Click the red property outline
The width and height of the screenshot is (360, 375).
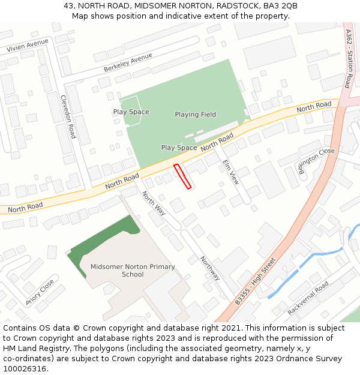tap(182, 176)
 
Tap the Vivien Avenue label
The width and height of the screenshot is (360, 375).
tap(27, 46)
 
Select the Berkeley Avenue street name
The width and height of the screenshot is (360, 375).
tap(128, 62)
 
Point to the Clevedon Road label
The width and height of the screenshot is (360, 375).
tap(68, 116)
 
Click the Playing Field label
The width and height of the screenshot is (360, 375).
tap(196, 115)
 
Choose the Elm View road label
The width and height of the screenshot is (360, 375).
tap(230, 172)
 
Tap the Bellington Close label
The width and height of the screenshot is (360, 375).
tap(316, 158)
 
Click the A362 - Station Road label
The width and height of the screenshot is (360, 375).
tap(349, 58)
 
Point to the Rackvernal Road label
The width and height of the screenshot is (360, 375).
tap(308, 298)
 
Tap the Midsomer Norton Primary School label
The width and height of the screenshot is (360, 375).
tap(133, 271)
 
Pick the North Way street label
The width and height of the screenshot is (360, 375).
tap(154, 203)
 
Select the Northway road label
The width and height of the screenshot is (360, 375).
tap(210, 268)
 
